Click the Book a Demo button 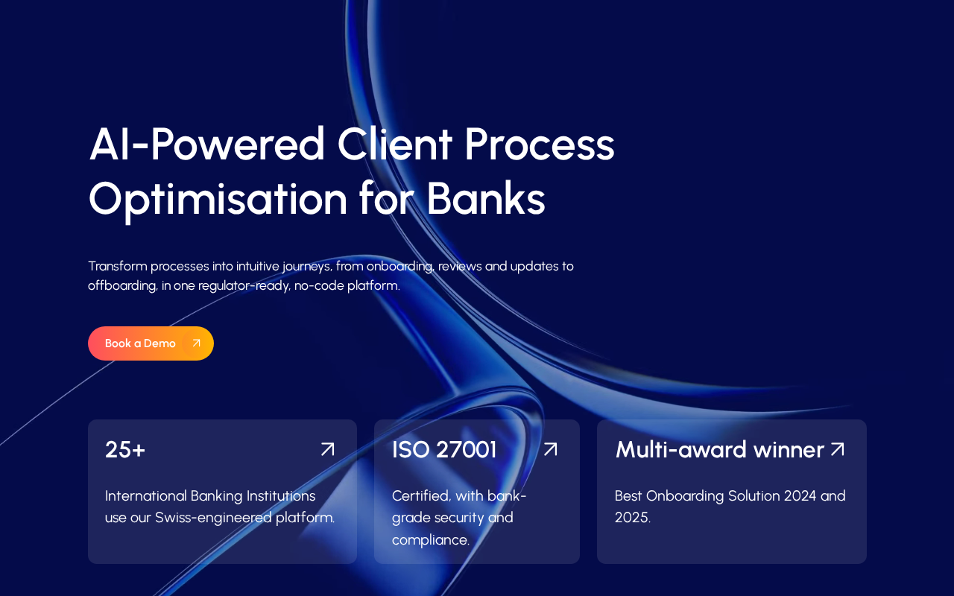pyautogui.click(x=151, y=343)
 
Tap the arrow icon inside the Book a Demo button pyautogui.click(x=196, y=343)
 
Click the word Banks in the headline pyautogui.click(x=486, y=198)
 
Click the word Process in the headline pyautogui.click(x=539, y=144)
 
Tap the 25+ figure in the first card pyautogui.click(x=125, y=449)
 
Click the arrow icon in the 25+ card pyautogui.click(x=327, y=449)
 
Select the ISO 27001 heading pyautogui.click(x=444, y=449)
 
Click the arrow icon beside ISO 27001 pyautogui.click(x=550, y=449)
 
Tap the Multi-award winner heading pyautogui.click(x=720, y=449)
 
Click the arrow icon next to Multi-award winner pyautogui.click(x=837, y=449)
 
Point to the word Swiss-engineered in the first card pyautogui.click(x=213, y=518)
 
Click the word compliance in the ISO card pyautogui.click(x=431, y=541)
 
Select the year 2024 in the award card pyautogui.click(x=800, y=496)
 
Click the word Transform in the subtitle pyautogui.click(x=118, y=267)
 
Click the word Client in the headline pyautogui.click(x=395, y=144)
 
